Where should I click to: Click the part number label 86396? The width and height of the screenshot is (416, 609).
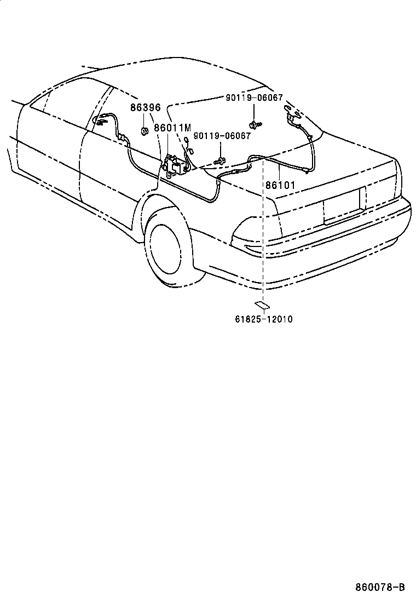[x=145, y=108]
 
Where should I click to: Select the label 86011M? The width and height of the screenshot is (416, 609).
[x=172, y=128]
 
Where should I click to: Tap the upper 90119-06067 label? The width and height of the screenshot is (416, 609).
[x=254, y=97]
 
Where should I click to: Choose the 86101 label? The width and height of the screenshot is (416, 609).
[x=280, y=185]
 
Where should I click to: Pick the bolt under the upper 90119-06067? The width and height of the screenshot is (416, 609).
[x=253, y=125]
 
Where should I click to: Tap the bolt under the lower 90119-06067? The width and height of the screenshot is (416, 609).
[x=220, y=160]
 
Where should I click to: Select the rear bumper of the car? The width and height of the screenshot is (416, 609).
[x=328, y=257]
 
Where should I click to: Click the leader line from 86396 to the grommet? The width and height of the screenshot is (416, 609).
[x=145, y=120]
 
